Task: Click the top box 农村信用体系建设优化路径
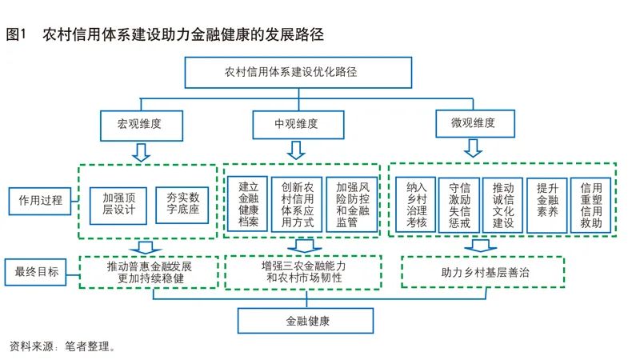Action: pyautogui.click(x=298, y=72)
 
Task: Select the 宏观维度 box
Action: pyautogui.click(x=142, y=124)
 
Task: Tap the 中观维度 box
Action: pyautogui.click(x=296, y=124)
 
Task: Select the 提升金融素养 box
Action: pyautogui.click(x=546, y=205)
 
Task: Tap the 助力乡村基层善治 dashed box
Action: pyautogui.click(x=482, y=272)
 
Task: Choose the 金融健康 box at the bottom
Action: pyautogui.click(x=307, y=320)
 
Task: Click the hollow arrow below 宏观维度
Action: pyautogui.click(x=142, y=151)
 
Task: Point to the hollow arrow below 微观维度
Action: pyautogui.click(x=472, y=148)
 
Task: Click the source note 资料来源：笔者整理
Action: pyautogui.click(x=62, y=347)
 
